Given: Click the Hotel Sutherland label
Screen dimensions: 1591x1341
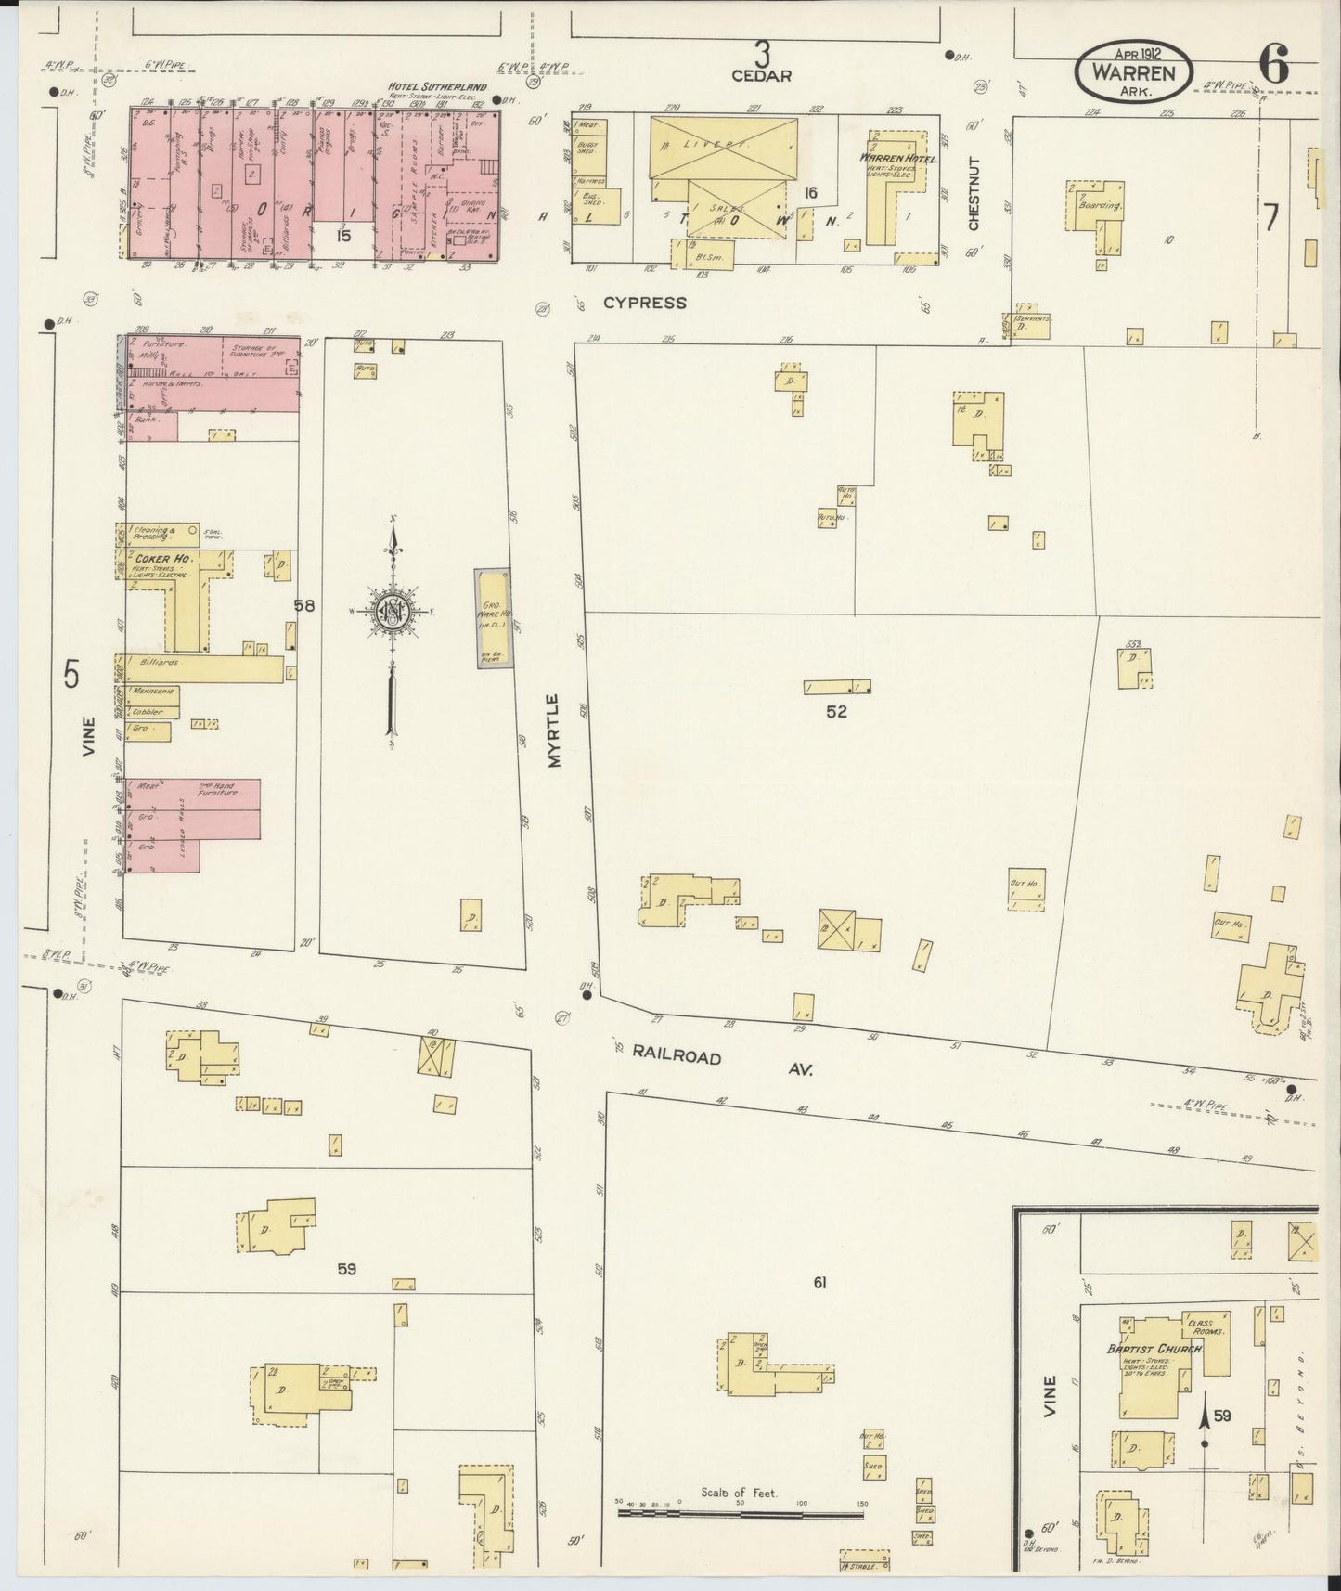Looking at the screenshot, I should (438, 87).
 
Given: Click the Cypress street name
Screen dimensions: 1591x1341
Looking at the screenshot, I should (645, 303).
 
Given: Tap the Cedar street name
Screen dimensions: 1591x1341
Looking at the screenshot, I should (761, 75).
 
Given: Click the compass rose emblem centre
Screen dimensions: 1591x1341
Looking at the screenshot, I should (393, 611).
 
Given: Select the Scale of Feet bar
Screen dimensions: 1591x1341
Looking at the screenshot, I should (740, 1514).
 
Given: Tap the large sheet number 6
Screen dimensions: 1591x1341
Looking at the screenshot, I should (1273, 65).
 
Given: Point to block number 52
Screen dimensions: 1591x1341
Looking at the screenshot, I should (836, 712).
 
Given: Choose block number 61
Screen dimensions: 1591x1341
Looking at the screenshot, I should (819, 1283).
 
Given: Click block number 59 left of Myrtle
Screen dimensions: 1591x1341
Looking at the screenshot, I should (346, 1269).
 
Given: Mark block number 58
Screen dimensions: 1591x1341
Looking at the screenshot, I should (304, 605).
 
